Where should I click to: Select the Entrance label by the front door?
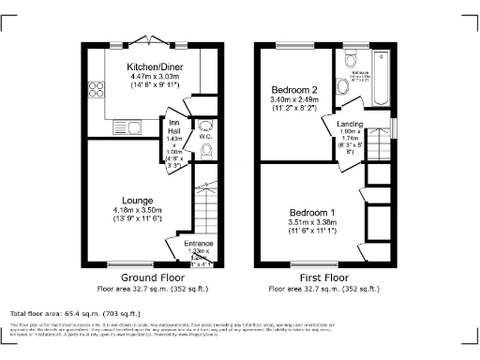[x=198, y=243]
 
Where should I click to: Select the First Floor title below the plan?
[x=324, y=277]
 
